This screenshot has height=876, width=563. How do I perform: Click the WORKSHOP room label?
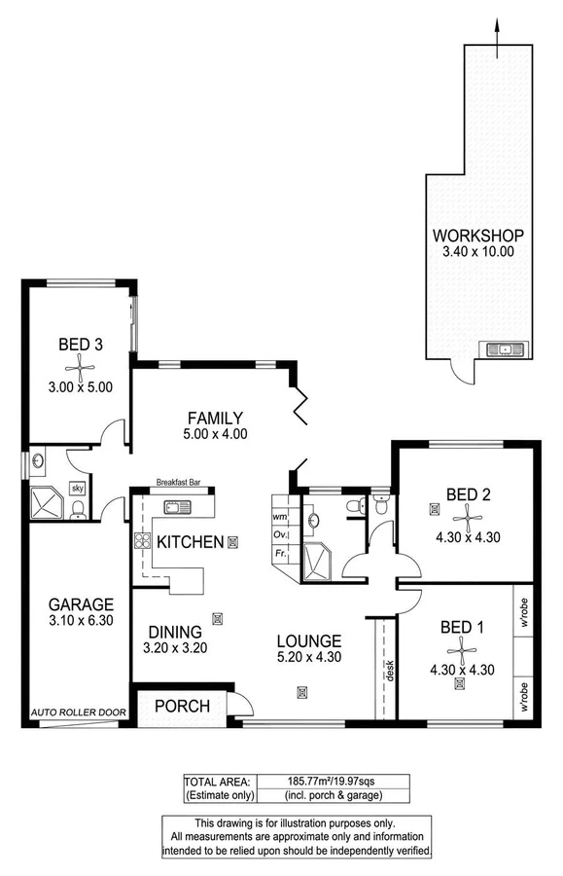(478, 235)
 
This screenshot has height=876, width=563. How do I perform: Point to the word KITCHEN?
(190, 541)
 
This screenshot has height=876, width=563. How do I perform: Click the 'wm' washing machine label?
(279, 516)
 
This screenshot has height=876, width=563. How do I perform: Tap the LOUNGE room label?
(308, 641)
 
